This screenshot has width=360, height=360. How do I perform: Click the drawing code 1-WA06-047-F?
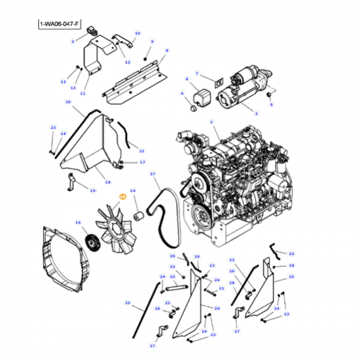(x=59, y=24)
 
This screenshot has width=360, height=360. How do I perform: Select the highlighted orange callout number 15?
(x=122, y=196)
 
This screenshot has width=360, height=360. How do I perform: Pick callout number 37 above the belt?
(x=152, y=174)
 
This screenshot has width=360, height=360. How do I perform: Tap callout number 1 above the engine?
(x=211, y=122)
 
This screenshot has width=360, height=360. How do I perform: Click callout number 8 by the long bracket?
(x=167, y=50)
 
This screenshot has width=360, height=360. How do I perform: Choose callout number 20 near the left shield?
(x=67, y=102)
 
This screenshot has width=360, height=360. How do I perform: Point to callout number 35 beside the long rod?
(x=128, y=303)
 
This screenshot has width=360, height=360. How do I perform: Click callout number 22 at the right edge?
(x=292, y=254)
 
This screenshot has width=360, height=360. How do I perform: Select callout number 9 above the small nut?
(x=152, y=41)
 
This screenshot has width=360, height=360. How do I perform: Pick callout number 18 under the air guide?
(x=107, y=182)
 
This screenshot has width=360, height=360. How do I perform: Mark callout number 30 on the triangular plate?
(x=217, y=308)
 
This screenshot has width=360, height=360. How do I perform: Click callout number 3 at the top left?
(x=73, y=41)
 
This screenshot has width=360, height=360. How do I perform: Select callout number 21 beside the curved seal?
(x=142, y=151)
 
